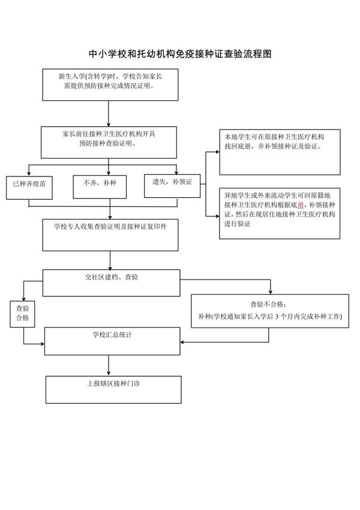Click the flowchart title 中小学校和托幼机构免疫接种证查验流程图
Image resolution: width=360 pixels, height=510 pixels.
180,53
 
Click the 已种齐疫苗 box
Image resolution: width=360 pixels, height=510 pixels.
28,187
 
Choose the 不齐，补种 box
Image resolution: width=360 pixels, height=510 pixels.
100,187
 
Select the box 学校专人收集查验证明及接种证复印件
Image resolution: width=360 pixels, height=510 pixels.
110,235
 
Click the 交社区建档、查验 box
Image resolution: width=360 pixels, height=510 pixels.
110,283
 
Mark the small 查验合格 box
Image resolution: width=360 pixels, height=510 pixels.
23,313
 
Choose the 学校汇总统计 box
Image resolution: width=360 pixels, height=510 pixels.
112,341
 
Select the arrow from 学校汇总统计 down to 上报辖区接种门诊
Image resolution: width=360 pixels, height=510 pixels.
109,365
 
